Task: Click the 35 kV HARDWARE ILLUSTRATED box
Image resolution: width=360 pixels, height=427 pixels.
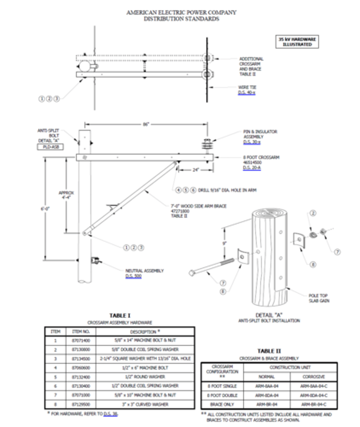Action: [297, 42]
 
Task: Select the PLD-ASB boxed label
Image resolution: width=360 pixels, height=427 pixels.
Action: [51, 147]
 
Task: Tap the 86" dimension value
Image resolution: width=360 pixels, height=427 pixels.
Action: [146, 124]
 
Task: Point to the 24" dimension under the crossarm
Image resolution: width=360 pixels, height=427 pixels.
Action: [196, 170]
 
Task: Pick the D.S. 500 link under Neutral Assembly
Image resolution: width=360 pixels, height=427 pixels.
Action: [133, 276]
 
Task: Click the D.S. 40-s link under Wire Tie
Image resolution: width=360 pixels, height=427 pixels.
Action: [247, 93]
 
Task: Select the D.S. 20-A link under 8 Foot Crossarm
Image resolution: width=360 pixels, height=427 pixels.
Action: [252, 168]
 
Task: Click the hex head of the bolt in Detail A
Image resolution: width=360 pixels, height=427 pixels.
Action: [192, 273]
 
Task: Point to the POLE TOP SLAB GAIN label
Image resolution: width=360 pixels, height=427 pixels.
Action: [318, 298]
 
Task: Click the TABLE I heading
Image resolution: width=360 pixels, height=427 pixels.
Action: [120, 316]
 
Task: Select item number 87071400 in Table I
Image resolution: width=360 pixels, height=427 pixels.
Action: [81, 341]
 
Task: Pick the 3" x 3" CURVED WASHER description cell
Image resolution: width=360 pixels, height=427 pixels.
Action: [145, 404]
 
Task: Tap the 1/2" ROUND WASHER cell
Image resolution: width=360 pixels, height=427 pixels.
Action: [145, 377]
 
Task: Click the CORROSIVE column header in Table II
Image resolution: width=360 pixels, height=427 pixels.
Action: [313, 376]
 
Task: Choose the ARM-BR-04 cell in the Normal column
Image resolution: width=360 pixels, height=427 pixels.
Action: [266, 405]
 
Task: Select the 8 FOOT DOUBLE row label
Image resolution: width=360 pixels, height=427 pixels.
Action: [222, 395]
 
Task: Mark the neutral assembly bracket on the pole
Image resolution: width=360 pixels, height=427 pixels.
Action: [95, 261]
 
